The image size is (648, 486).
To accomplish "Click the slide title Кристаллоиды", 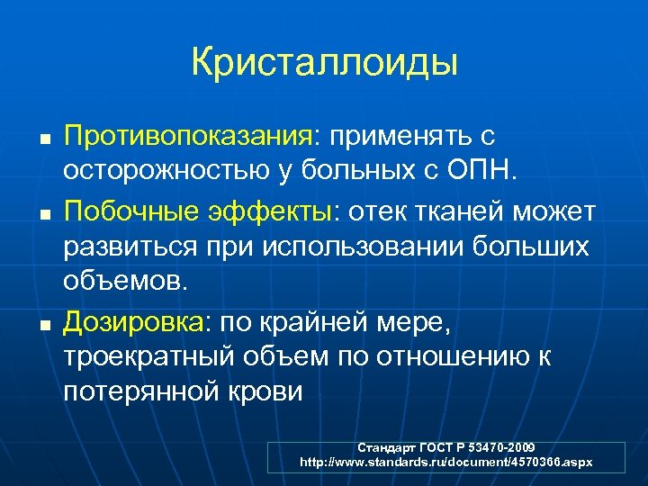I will tap(324, 63).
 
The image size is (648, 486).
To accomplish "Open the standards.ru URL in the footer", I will tap(446, 461).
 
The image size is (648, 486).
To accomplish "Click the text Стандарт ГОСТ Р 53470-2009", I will tap(446, 447).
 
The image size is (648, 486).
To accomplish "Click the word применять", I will tap(400, 138).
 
